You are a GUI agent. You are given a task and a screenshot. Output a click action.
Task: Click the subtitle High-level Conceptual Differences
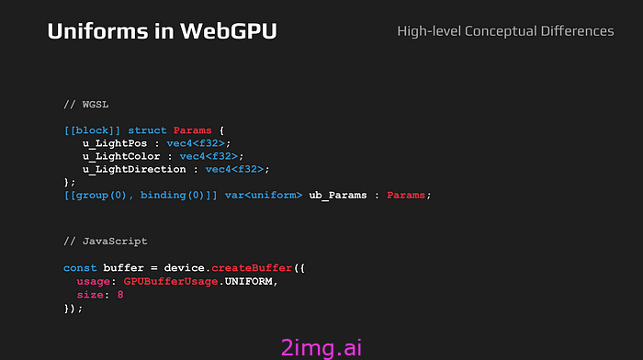click(505, 31)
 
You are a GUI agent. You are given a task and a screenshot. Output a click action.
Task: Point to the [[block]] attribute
click(93, 130)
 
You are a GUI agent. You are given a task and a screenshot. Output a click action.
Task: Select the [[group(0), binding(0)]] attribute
click(141, 195)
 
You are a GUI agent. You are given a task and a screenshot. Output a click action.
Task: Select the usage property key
click(93, 280)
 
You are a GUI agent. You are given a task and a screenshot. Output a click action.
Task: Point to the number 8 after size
click(120, 294)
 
